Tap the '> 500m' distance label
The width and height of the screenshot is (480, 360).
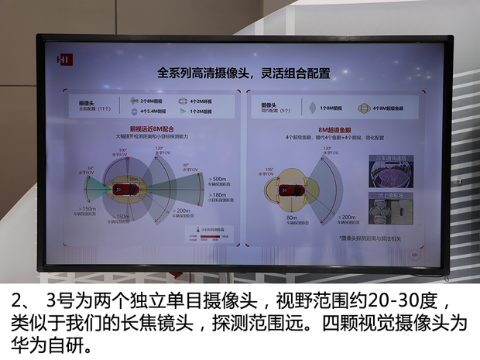click(x=218, y=180)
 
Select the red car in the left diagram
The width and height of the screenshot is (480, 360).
click(x=121, y=189)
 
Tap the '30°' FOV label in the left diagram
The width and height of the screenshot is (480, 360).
click(x=187, y=165)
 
